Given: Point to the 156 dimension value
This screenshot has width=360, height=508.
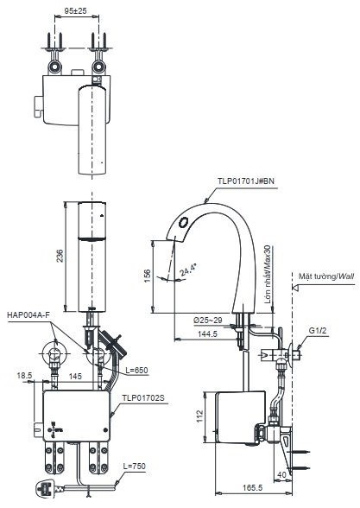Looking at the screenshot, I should click(x=148, y=276).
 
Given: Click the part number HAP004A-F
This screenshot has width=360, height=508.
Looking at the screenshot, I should click(x=28, y=314).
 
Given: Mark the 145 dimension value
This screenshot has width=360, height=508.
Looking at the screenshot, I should click(x=77, y=377).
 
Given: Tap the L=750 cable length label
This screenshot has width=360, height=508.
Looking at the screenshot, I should click(x=135, y=467).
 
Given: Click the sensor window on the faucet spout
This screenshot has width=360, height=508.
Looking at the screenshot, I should click(x=181, y=226).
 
